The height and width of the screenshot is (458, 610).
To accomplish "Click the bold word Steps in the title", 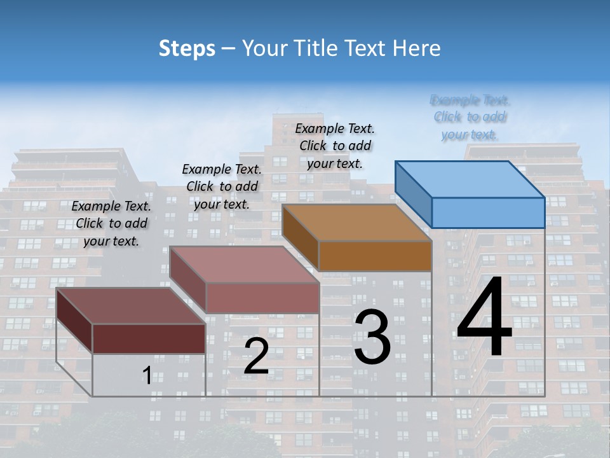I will click(x=187, y=48).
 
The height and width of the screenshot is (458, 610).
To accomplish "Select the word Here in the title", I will click(x=417, y=48).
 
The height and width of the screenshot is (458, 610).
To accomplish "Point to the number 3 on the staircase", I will click(x=372, y=337).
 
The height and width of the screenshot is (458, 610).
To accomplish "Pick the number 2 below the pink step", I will click(x=256, y=356).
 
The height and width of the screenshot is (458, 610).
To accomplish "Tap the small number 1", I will click(x=147, y=376).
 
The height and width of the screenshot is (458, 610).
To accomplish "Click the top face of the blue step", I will click(x=470, y=179).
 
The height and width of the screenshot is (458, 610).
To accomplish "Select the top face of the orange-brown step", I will click(x=356, y=223).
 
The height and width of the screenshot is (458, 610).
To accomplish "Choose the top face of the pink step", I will click(x=245, y=265).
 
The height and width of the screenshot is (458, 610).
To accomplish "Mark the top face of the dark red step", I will click(x=130, y=306).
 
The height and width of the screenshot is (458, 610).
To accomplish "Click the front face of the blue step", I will click(x=488, y=212).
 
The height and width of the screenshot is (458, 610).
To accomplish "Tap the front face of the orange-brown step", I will click(x=375, y=256).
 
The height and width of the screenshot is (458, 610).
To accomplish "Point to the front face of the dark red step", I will click(x=149, y=338).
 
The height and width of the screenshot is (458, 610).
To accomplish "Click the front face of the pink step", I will click(x=262, y=298).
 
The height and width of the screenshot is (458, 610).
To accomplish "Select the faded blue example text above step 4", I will click(x=470, y=117).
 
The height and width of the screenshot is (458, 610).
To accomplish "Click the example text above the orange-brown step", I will click(x=335, y=146).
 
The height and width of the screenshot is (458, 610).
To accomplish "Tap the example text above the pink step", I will click(x=222, y=186).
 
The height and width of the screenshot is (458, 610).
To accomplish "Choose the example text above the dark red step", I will click(x=111, y=223).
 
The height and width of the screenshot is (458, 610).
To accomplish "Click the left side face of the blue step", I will click(x=413, y=193).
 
